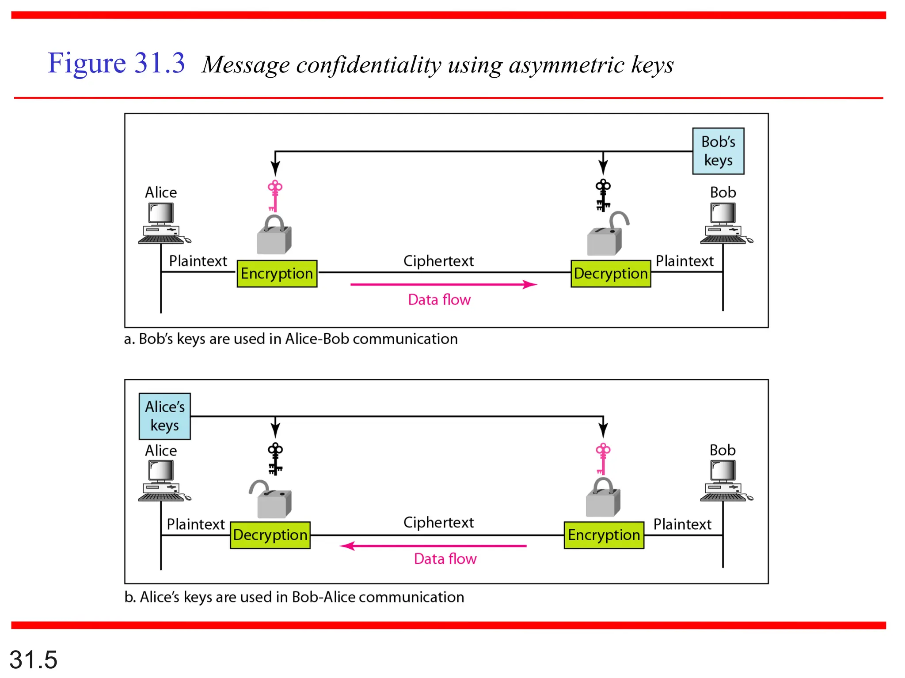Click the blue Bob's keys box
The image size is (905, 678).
(x=718, y=151)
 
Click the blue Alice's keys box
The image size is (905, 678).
(x=164, y=416)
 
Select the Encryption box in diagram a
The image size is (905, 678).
(x=277, y=274)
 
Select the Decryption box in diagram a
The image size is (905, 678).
(x=610, y=274)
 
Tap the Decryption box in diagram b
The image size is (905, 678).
(x=270, y=535)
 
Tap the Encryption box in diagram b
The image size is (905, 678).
(x=604, y=535)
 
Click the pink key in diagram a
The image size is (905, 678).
(x=274, y=196)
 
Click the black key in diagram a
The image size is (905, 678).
(x=603, y=196)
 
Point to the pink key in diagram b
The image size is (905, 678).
(x=603, y=459)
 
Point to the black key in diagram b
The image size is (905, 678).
(x=275, y=459)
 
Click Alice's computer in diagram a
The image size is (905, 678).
(x=162, y=223)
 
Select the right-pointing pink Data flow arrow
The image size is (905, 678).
(x=443, y=284)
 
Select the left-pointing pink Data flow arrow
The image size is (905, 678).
(x=433, y=546)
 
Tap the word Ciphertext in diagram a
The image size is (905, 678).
(x=438, y=261)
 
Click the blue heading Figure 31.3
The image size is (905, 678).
(x=116, y=63)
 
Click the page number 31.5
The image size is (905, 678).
(x=34, y=659)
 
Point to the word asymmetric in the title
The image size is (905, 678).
(x=567, y=65)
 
